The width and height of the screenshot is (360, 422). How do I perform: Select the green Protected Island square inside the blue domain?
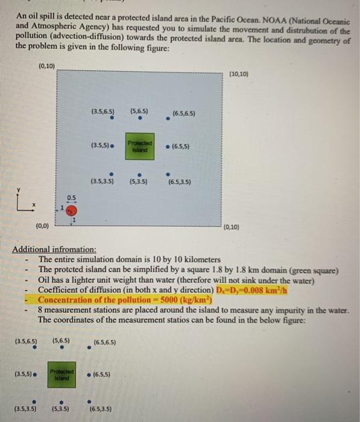140,146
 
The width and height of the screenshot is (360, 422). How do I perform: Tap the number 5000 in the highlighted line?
157,300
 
